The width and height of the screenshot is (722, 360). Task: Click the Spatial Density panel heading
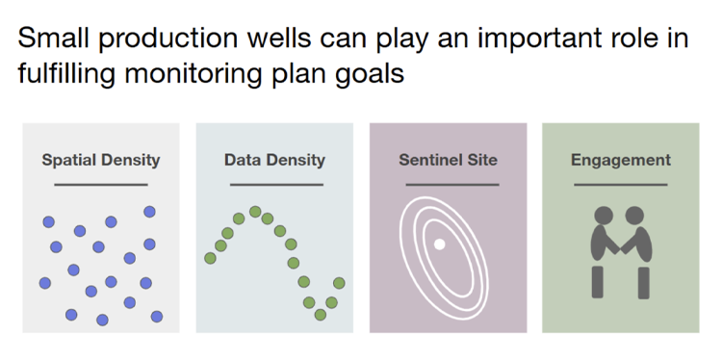[101, 160]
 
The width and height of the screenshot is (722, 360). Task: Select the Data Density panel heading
[274, 160]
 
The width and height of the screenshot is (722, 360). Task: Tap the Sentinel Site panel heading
[448, 160]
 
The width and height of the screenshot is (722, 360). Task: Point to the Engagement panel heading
[621, 160]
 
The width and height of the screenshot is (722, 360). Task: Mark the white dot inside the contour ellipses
[439, 244]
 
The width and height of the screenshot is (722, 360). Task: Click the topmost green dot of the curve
[255, 212]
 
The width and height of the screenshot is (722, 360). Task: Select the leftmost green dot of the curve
[210, 258]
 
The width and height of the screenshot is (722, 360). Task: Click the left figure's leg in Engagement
[598, 282]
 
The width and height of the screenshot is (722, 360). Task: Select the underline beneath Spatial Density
[101, 184]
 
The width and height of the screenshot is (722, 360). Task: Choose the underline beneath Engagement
[621, 184]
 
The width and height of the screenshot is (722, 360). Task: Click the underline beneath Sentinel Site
[448, 184]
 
